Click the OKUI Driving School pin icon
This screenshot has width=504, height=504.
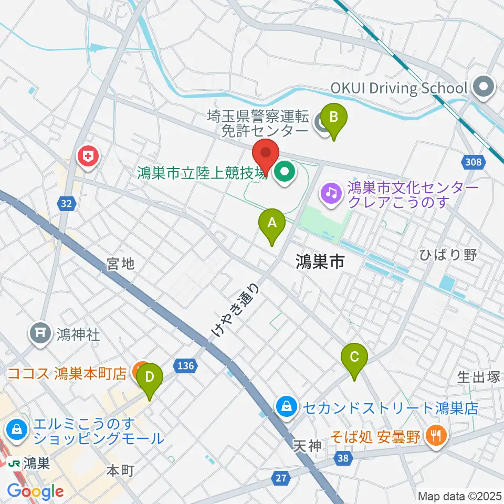[x=484, y=88]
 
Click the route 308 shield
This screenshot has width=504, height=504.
[x=474, y=163]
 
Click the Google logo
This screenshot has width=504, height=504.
[x=35, y=491]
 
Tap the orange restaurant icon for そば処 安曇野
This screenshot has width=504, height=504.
[x=435, y=434]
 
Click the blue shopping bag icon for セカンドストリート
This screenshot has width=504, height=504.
[x=287, y=405]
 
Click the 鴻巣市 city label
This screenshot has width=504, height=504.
[x=319, y=260]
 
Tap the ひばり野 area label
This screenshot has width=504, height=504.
[x=448, y=256]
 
